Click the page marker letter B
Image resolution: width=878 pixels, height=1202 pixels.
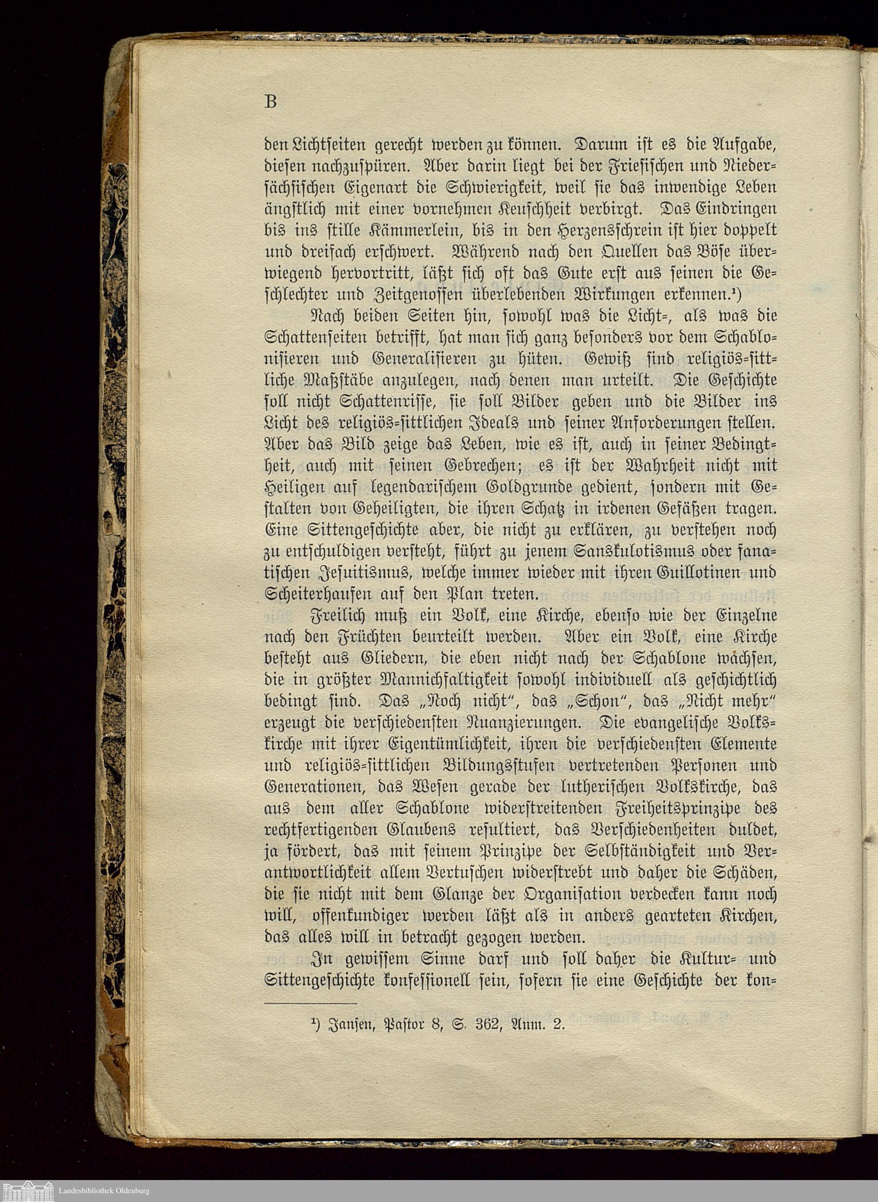click(270, 101)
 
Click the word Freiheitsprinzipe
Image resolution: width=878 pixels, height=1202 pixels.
click(678, 809)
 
